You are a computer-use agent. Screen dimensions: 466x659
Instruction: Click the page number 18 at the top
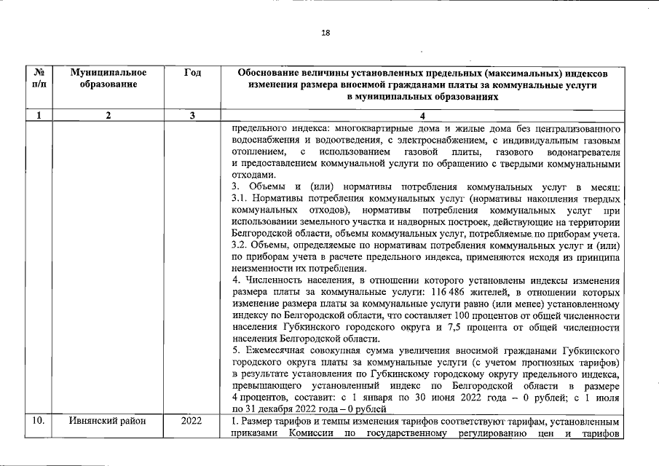tap(325, 32)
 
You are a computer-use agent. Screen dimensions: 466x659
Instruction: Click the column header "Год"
tap(193, 73)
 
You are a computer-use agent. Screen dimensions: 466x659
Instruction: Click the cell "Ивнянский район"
tap(108, 422)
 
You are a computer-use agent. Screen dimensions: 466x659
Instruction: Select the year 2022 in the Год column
tap(192, 422)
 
